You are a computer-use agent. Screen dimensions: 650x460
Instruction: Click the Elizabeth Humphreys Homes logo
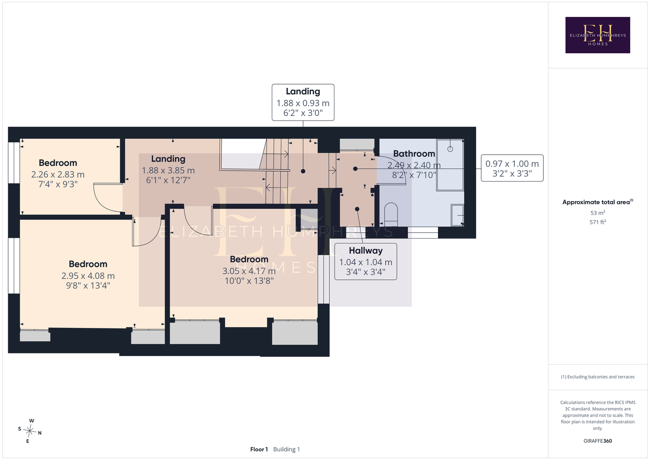coord(598,35)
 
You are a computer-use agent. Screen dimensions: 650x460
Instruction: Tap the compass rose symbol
coord(29,431)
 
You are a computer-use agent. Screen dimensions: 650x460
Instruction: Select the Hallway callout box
coord(366,261)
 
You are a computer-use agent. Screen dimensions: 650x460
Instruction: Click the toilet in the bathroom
coord(391,214)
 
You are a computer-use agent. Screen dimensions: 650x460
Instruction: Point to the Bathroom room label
coord(414,154)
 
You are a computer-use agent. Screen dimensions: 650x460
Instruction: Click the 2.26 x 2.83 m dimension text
coord(58,174)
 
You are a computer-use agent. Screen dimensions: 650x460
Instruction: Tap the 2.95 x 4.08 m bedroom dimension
coord(88,276)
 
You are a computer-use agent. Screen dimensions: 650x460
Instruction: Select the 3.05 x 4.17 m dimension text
coord(249,271)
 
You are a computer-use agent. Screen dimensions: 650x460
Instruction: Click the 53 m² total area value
coord(598,213)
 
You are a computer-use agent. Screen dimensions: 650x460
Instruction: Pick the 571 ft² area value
coord(598,222)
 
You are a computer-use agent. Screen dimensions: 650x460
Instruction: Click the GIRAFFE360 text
coord(598,441)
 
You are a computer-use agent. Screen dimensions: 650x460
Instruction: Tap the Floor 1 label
coord(259,449)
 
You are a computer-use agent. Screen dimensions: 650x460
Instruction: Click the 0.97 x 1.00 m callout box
coord(512,168)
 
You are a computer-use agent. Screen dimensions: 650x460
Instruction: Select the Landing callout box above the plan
coord(303,103)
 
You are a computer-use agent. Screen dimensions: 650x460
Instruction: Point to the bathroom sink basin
coord(457,215)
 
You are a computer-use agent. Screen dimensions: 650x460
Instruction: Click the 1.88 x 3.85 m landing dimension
coord(168,170)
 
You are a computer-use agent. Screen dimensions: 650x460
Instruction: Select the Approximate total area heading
coord(598,202)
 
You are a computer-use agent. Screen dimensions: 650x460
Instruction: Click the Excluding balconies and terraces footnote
coord(598,377)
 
